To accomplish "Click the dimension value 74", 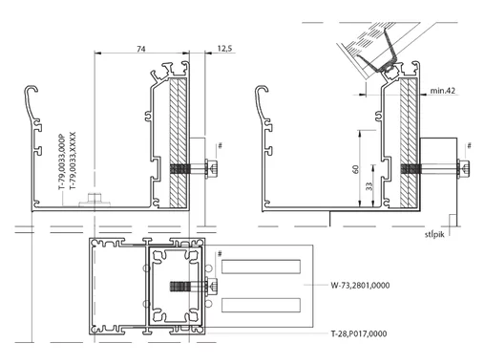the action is tap(141, 49).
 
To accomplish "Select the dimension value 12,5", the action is tap(224, 49).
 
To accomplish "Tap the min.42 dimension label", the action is tap(442, 91).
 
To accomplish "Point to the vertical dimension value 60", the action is tap(356, 169).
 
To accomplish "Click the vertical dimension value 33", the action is tap(369, 186).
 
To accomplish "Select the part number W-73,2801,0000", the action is tap(360, 285).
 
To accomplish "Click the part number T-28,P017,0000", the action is tap(359, 333).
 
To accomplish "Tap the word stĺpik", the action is tap(434, 234).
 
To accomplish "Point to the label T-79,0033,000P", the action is tap(61, 162).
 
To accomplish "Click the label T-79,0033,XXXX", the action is tap(73, 161).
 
